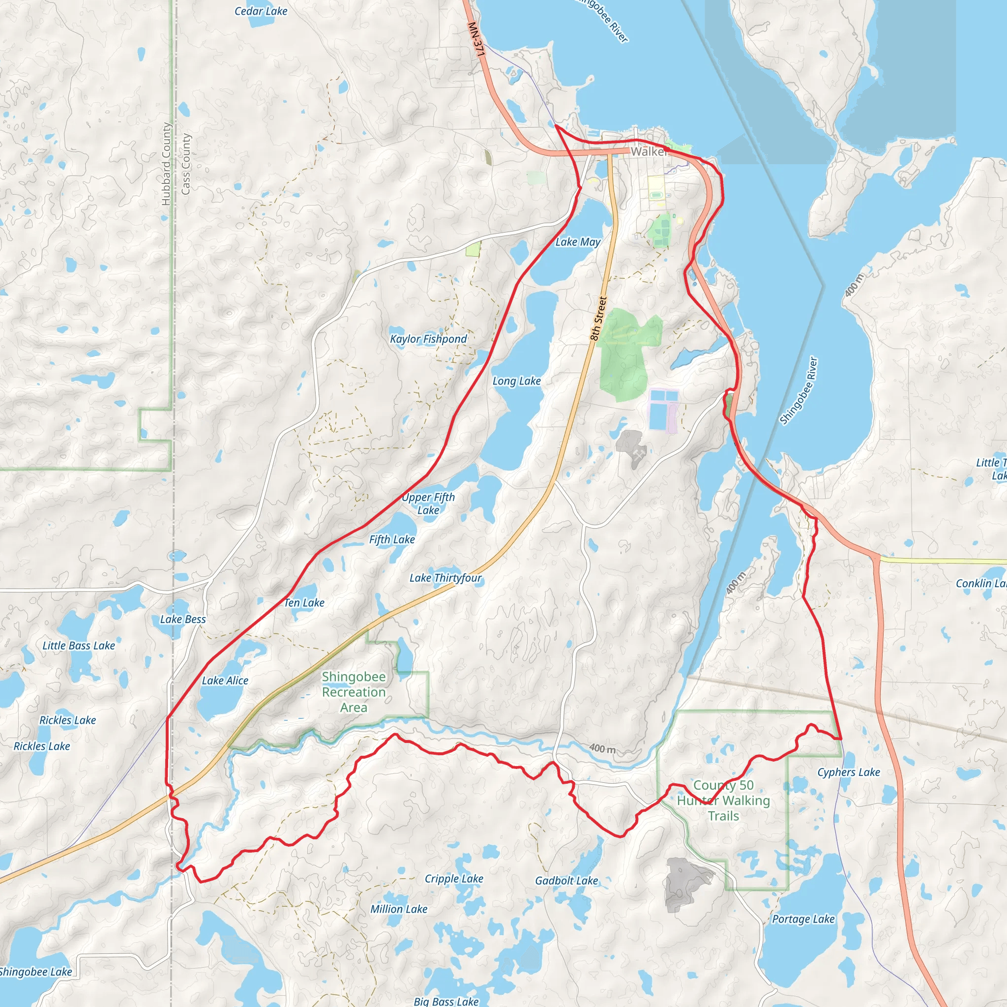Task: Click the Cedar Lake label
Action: click(261, 11)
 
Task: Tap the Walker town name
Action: click(649, 151)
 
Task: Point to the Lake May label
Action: click(578, 242)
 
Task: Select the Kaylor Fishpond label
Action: click(428, 339)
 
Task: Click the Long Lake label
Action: click(517, 381)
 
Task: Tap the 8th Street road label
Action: click(598, 319)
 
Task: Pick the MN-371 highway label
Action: click(476, 40)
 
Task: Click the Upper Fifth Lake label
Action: click(428, 503)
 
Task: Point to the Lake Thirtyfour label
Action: click(445, 578)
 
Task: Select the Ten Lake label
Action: click(304, 602)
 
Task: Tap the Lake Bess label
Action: click(183, 619)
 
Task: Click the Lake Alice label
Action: click(225, 680)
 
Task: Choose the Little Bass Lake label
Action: click(79, 645)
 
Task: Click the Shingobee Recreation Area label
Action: click(354, 692)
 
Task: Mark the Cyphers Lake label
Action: click(849, 772)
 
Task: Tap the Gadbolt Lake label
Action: click(566, 880)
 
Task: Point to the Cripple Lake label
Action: click(454, 878)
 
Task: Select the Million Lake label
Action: click(399, 909)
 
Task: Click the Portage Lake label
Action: click(803, 919)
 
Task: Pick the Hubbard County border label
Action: click(166, 164)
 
